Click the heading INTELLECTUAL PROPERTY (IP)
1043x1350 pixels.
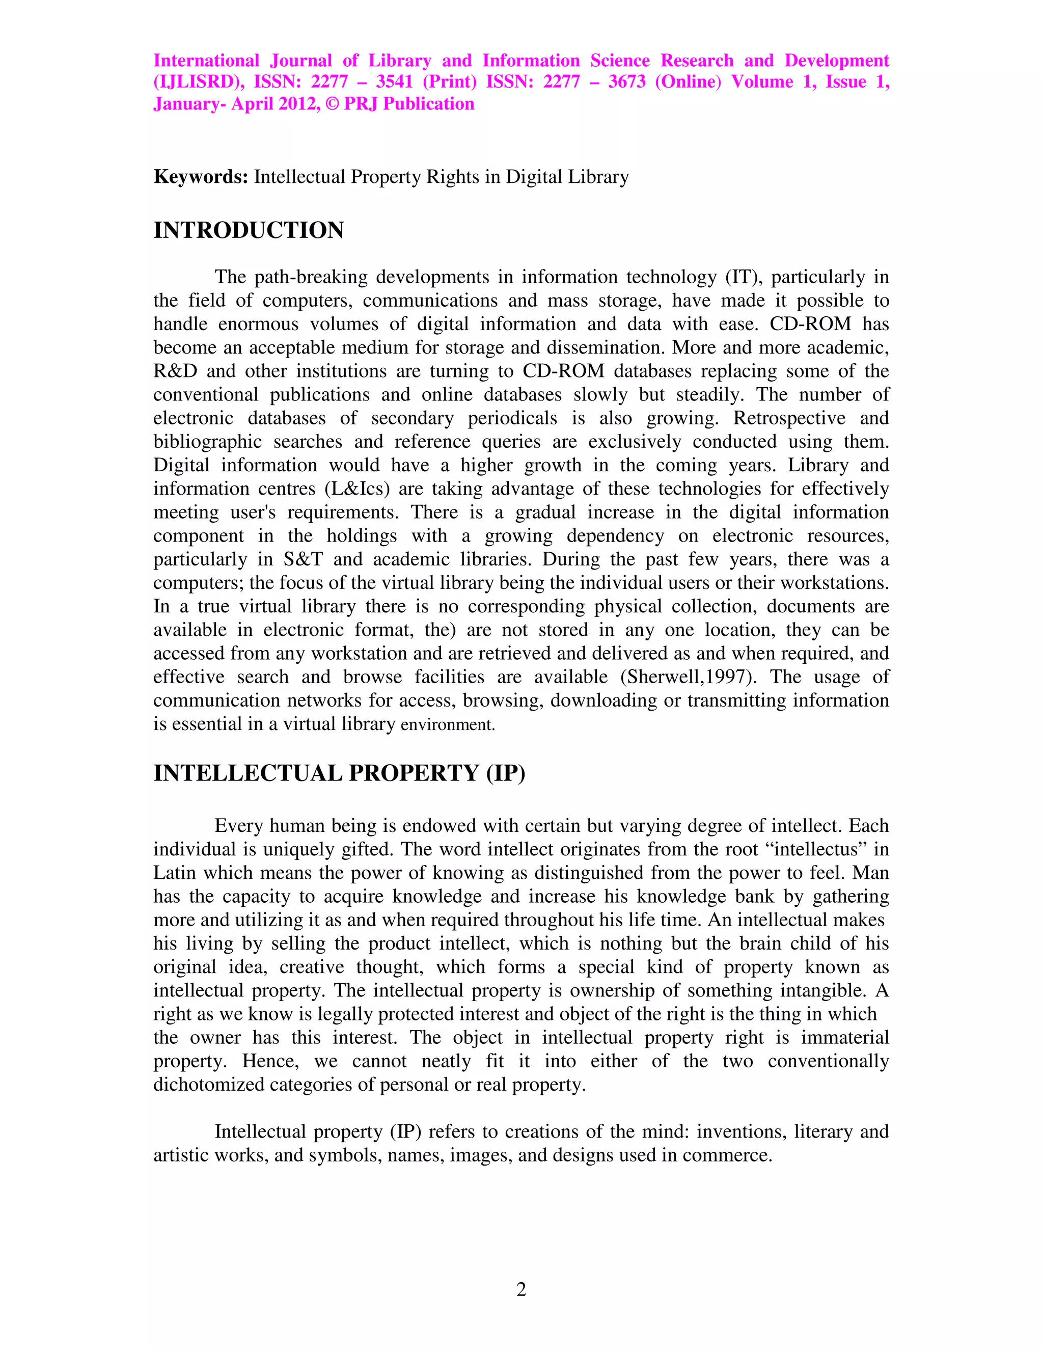pos(339,773)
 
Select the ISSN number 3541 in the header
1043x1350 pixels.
pos(394,82)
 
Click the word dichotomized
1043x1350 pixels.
pos(209,1085)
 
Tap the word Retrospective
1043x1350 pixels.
pos(789,418)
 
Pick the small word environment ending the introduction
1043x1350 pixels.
pos(447,725)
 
